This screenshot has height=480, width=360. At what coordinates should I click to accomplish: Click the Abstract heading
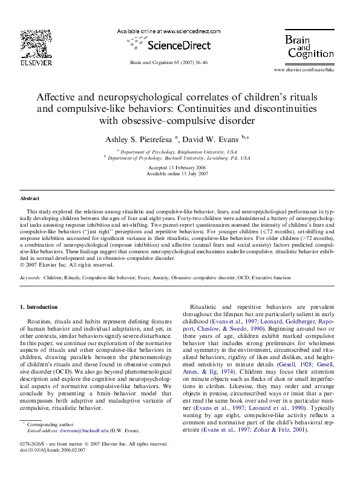(30, 198)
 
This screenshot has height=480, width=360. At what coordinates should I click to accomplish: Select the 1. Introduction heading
(41, 307)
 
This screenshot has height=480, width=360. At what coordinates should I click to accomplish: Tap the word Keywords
(30, 277)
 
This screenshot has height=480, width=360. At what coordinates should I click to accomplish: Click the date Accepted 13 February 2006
(179, 167)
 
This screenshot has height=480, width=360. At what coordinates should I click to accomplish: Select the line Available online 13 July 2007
(179, 173)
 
